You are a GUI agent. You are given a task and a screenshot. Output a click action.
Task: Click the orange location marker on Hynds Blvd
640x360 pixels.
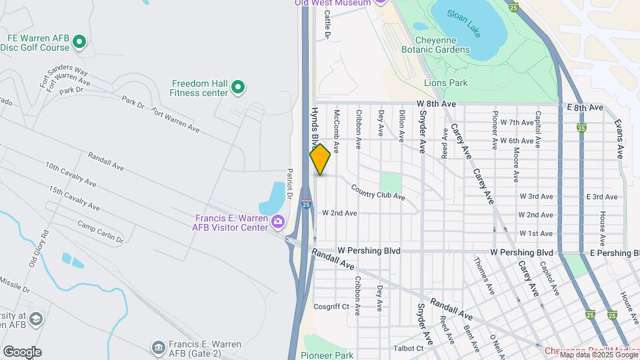[320, 159]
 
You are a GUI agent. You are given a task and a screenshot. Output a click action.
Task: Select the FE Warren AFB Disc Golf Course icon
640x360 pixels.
[79, 43]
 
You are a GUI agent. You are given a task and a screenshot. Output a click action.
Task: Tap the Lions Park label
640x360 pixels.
[446, 83]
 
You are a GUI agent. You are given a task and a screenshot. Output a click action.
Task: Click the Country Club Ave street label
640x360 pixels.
[378, 193]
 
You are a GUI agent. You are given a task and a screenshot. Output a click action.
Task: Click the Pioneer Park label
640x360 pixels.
[327, 355]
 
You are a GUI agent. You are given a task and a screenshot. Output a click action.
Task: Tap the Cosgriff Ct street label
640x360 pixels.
[331, 307]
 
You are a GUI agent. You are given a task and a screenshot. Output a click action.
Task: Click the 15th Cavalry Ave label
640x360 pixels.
[73, 199]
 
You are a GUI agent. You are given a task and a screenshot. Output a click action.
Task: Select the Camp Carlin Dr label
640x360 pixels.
[100, 231]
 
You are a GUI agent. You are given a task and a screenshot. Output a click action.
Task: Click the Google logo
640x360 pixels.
[22, 352]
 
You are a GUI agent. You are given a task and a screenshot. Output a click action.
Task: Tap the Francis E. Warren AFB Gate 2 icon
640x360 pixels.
[158, 347]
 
